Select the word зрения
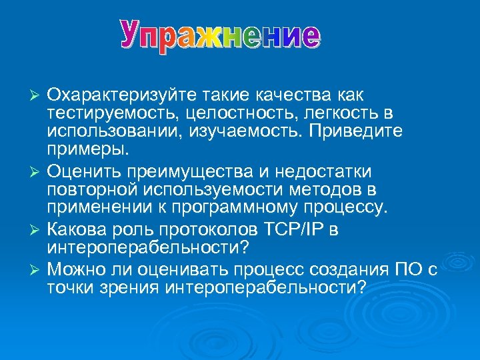pos(130,287)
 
